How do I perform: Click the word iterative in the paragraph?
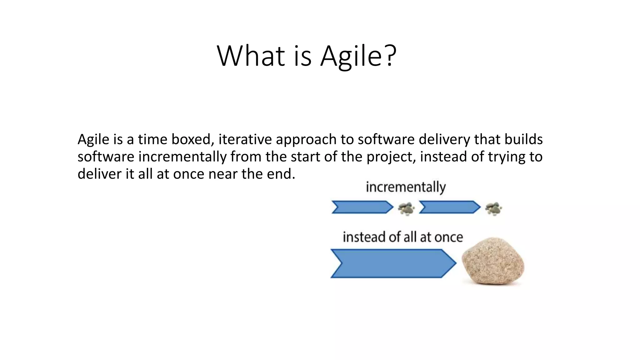click(245, 139)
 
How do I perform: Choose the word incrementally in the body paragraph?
click(182, 157)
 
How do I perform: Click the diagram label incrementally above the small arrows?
click(406, 187)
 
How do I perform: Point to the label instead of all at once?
click(403, 237)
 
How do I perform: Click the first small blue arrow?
click(362, 207)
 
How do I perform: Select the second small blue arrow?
click(450, 207)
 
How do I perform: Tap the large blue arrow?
click(393, 263)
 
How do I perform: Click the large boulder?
click(493, 261)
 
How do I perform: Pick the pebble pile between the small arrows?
click(406, 209)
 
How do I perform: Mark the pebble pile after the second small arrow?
click(494, 209)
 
